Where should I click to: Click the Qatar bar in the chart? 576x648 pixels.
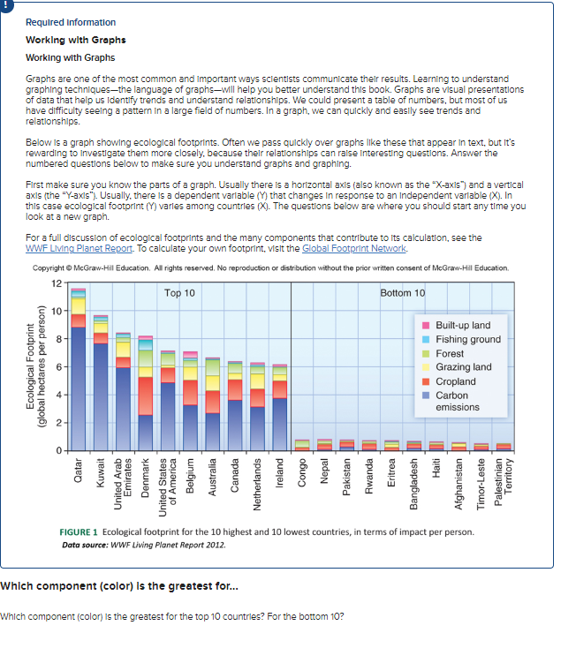pyautogui.click(x=78, y=371)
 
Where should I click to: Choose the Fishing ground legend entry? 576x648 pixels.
pyautogui.click(x=467, y=339)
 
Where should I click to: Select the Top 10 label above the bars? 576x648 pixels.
pyautogui.click(x=180, y=292)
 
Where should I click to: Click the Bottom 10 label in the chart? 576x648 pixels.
pyautogui.click(x=403, y=292)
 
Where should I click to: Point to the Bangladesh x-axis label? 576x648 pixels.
pyautogui.click(x=413, y=483)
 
